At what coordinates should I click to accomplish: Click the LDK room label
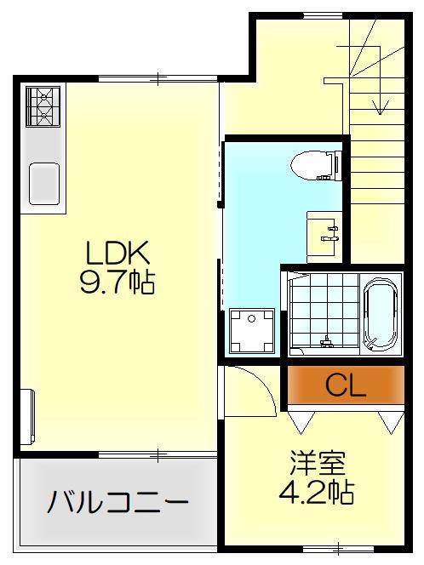coord(117,253)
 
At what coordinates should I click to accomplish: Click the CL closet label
coord(346,387)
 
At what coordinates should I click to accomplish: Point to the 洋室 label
coord(317,466)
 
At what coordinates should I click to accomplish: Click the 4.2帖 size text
coord(317,492)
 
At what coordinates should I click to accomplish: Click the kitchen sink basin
coord(43,182)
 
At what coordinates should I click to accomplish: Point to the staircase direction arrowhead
coord(380,109)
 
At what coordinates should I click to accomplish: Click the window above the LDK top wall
coord(128,78)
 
